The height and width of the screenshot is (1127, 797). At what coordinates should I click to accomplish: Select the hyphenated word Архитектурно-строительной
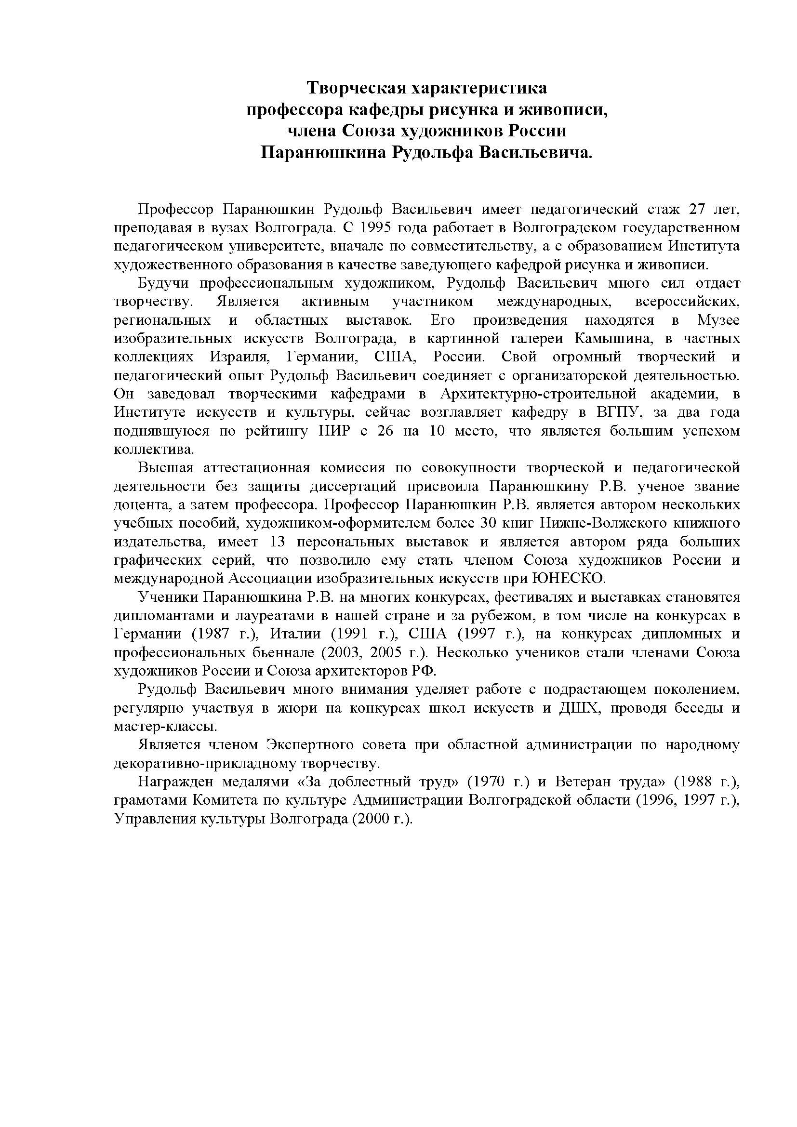538,394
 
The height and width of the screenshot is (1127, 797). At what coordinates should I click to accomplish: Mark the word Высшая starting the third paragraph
162,468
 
